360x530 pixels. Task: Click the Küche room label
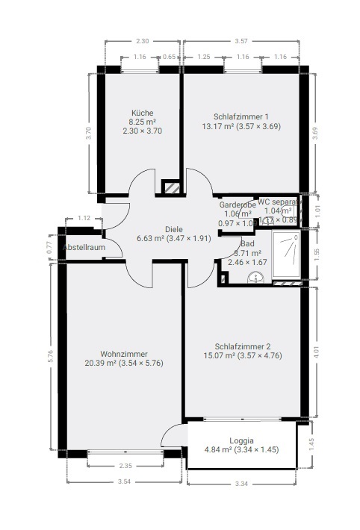click(x=142, y=113)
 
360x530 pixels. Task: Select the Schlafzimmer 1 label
click(x=241, y=116)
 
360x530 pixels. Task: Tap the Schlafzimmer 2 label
click(x=242, y=346)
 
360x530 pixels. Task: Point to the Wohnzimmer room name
click(x=123, y=354)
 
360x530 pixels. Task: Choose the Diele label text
click(x=175, y=230)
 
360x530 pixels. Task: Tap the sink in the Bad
click(x=257, y=278)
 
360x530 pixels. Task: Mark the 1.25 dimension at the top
click(x=203, y=57)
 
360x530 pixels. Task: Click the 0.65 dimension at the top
click(x=170, y=57)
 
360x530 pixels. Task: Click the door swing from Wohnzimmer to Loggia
click(x=174, y=436)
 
